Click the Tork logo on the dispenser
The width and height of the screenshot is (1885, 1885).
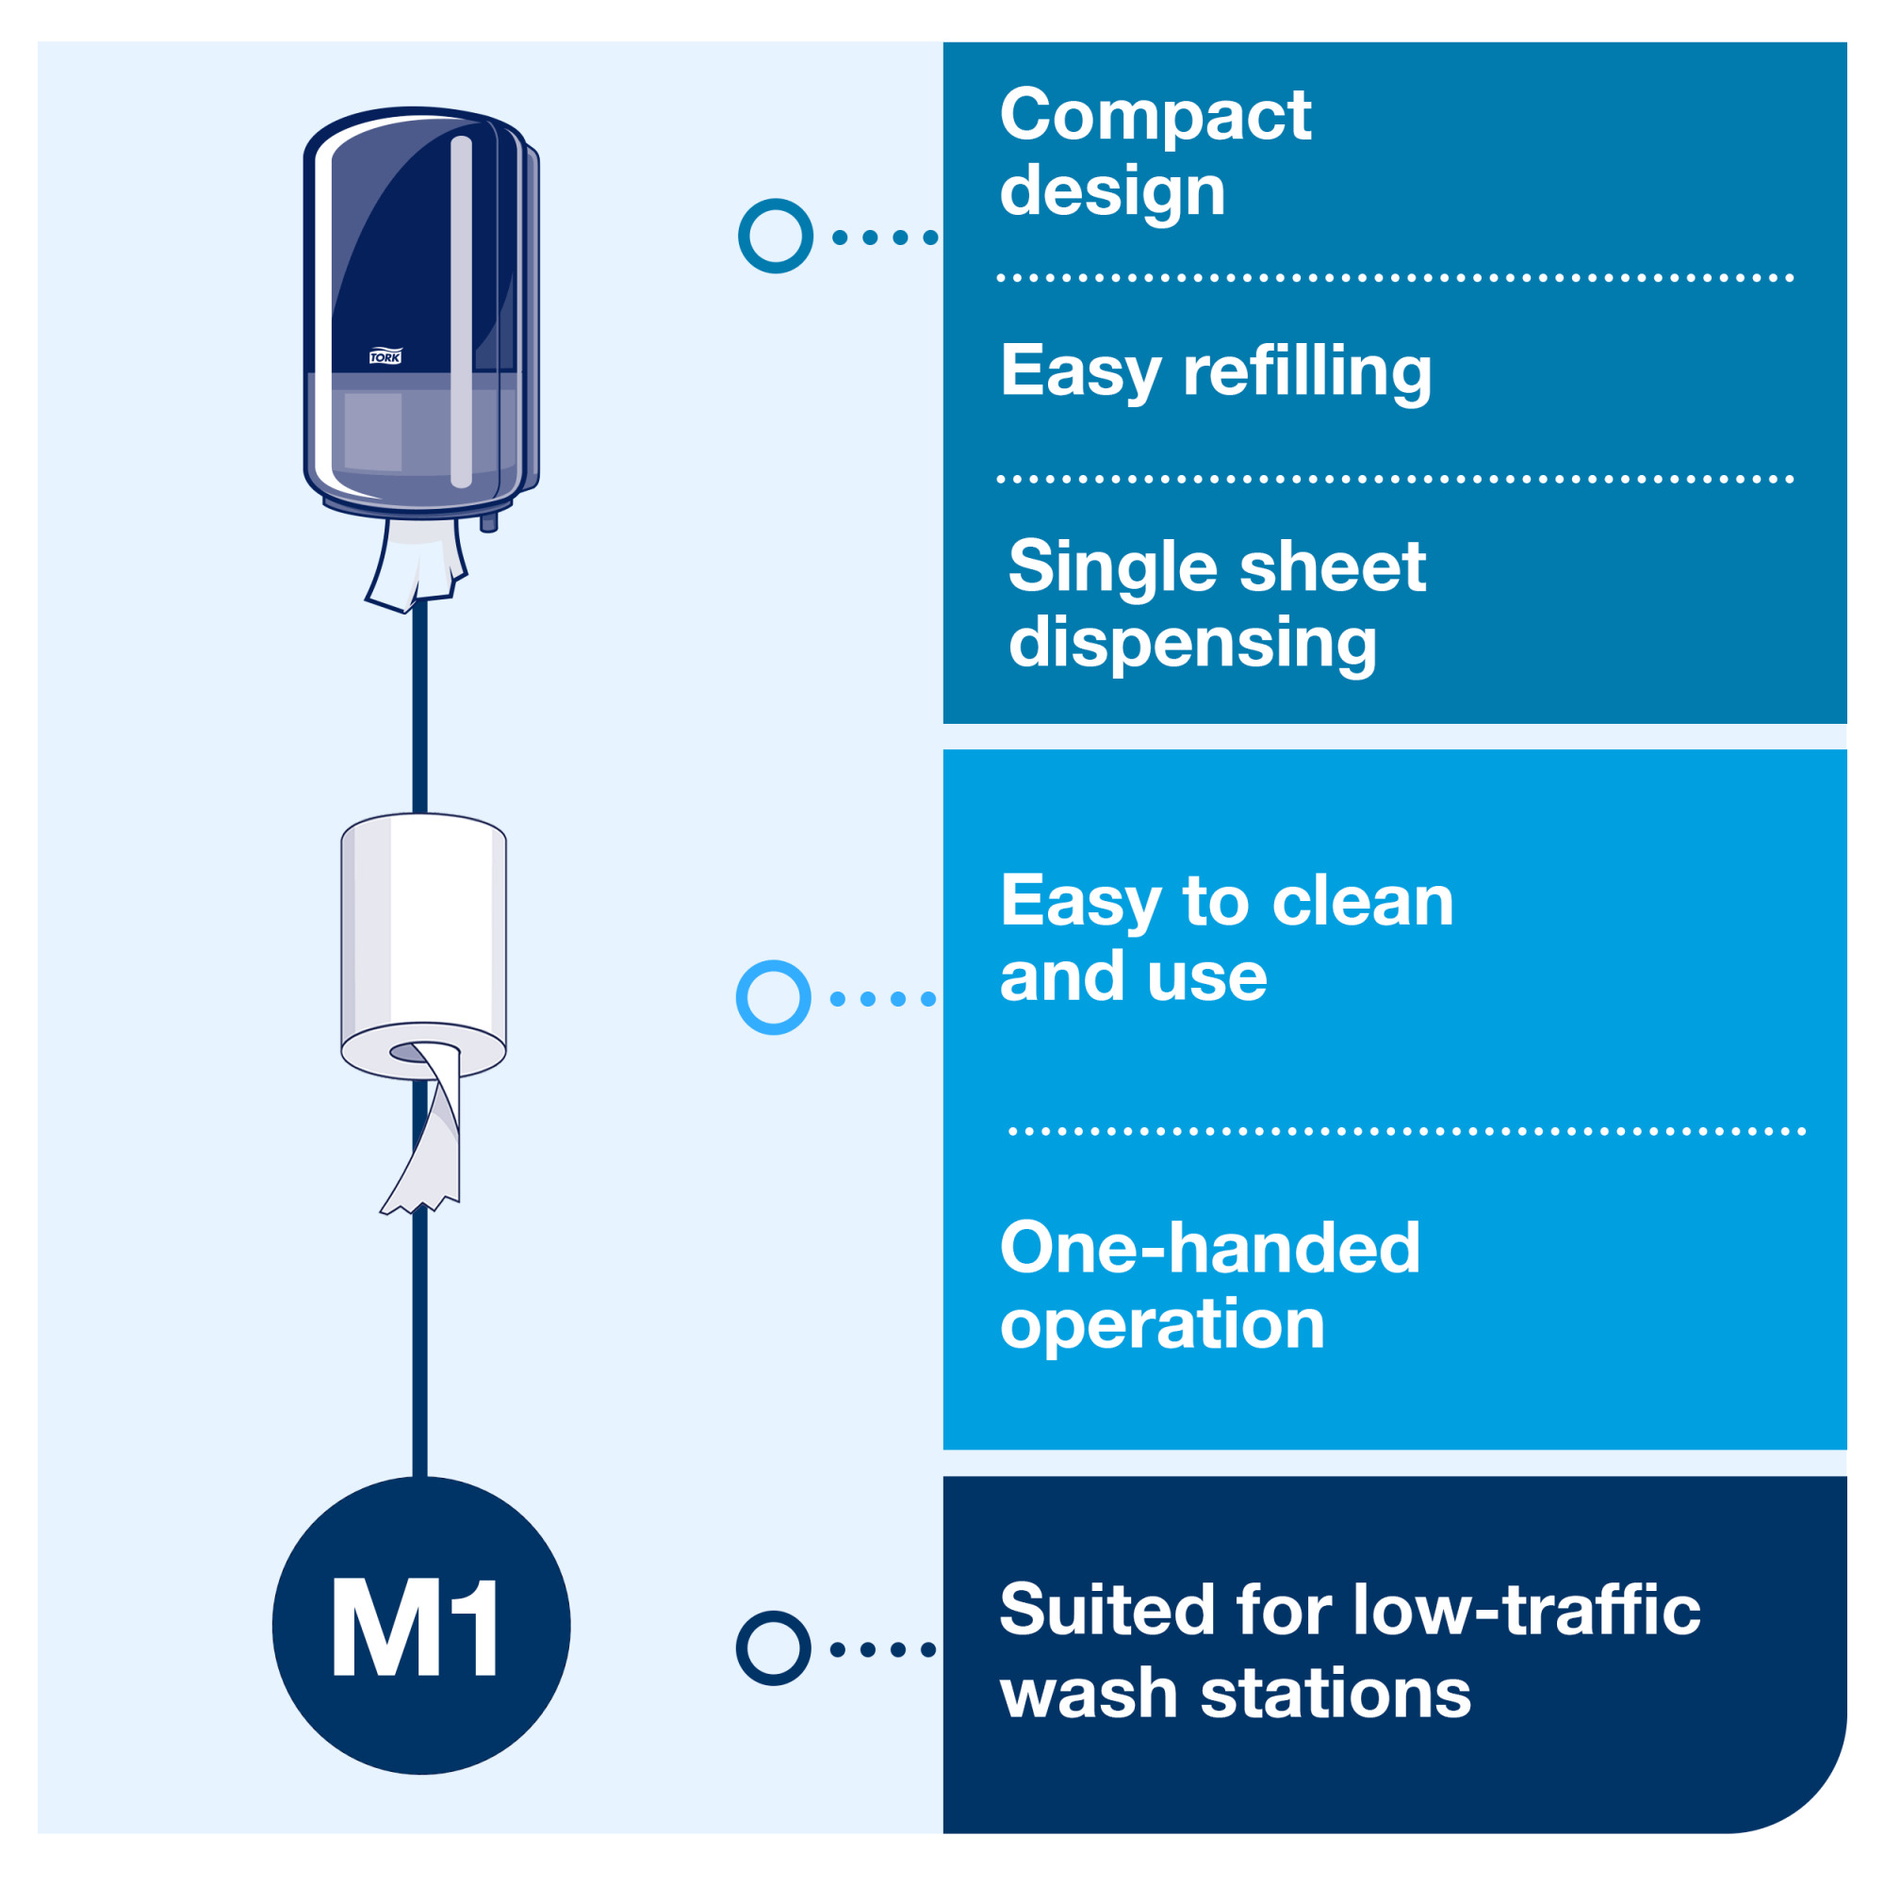[385, 357]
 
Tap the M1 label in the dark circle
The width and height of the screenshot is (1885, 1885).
[418, 1629]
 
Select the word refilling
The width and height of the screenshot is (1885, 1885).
[1307, 371]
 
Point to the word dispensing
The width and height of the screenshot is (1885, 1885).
[1192, 644]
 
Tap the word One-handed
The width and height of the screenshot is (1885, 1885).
[1210, 1248]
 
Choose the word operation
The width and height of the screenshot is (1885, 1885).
[1162, 1325]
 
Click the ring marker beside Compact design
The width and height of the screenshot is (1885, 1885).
[776, 237]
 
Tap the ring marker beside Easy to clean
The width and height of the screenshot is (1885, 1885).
[774, 998]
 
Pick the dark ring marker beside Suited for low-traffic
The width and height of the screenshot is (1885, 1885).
[774, 1648]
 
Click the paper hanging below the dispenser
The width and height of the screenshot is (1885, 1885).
[415, 565]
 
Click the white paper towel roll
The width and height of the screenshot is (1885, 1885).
[423, 926]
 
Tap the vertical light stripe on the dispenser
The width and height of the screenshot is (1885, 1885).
[462, 312]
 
